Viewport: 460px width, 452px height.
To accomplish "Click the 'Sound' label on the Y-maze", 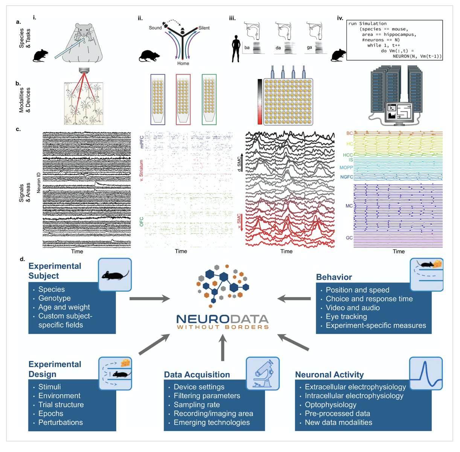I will click(155, 28).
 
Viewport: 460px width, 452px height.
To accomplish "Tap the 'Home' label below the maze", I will click(183, 64).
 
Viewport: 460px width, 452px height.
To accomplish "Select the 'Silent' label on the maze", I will click(204, 28).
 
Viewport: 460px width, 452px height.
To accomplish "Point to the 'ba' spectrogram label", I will click(247, 48).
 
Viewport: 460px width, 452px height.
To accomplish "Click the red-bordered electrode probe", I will click(183, 99).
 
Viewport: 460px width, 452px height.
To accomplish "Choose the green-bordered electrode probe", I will click(209, 99).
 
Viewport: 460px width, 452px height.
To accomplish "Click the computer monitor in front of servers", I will click(399, 112).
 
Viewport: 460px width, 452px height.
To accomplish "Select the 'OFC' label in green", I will click(142, 221).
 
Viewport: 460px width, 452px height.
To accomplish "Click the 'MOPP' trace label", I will click(346, 168).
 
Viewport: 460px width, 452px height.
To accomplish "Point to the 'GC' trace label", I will click(349, 238).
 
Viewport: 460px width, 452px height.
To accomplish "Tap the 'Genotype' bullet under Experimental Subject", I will click(55, 298).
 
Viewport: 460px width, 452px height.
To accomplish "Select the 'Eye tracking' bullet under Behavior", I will click(346, 317).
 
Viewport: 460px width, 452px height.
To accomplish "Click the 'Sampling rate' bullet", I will click(196, 405).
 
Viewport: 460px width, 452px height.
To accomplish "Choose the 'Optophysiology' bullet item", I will click(331, 405).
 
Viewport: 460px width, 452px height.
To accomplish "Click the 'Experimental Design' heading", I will click(55, 369).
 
